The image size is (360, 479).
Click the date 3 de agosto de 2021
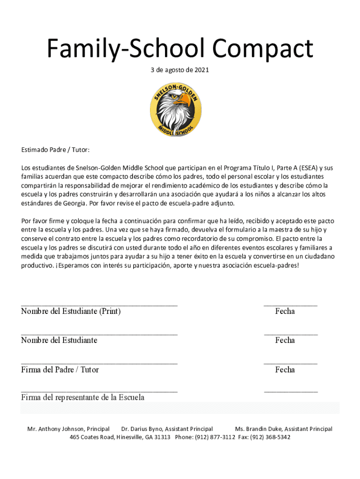click(x=180, y=70)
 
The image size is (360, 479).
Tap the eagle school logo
click(x=177, y=110)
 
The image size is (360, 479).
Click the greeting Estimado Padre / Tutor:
click(x=55, y=150)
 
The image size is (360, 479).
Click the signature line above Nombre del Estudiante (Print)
click(x=99, y=305)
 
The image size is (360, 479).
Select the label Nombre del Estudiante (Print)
click(x=71, y=312)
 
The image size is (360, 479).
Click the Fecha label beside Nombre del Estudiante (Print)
click(x=285, y=312)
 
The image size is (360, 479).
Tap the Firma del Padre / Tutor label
click(x=60, y=370)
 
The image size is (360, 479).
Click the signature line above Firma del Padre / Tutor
click(x=99, y=363)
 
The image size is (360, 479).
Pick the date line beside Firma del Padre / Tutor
click(x=290, y=363)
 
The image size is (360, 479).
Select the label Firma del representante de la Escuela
click(x=83, y=398)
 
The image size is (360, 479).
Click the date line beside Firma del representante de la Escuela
click(x=291, y=391)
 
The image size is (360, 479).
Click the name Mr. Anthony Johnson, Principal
click(x=68, y=429)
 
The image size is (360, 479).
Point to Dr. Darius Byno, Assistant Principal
click(x=167, y=429)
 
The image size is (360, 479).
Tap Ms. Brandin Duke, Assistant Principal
click(x=283, y=429)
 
